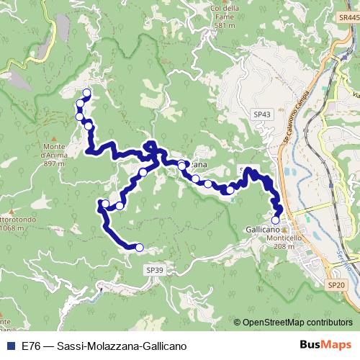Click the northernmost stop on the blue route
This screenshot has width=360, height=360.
tap(87, 92)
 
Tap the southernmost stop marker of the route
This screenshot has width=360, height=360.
tap(140, 248)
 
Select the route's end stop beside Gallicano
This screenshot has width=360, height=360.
tap(275, 220)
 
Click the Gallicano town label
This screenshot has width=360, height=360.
tap(262, 228)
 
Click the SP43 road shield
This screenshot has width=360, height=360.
tap(262, 114)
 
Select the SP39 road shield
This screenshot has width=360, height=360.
tap(155, 269)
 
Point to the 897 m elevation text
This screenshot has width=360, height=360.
tap(54, 163)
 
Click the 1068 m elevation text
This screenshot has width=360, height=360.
tap(15, 228)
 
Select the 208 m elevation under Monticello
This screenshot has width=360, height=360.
tap(284, 246)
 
